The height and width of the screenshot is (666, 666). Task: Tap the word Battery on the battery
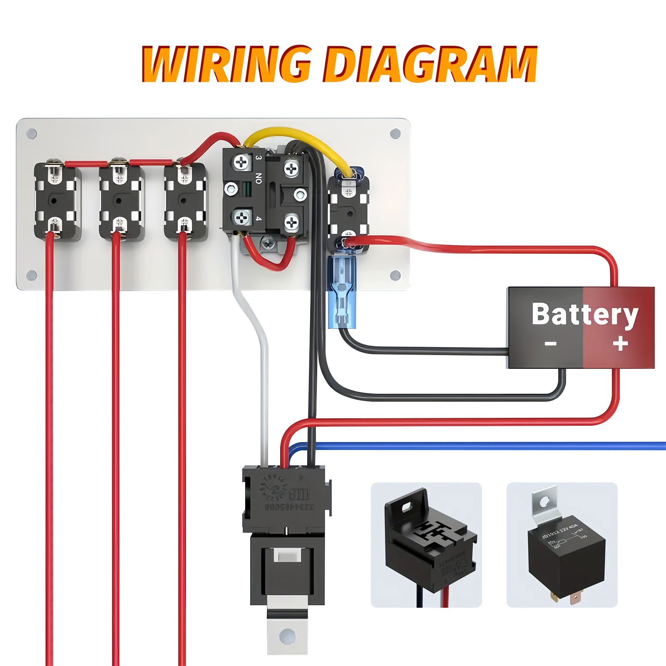point(584,314)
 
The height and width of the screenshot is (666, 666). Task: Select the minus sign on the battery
point(550,344)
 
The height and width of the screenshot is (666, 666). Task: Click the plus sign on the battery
point(620,344)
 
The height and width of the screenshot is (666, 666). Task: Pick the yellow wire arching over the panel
point(291,133)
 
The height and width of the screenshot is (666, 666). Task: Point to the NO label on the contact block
point(258,179)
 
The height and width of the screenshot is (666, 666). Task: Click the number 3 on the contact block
point(258,158)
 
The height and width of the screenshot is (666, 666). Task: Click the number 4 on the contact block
point(258,219)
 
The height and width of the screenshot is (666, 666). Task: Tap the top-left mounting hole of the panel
point(32,134)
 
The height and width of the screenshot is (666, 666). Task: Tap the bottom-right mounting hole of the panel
point(395,275)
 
